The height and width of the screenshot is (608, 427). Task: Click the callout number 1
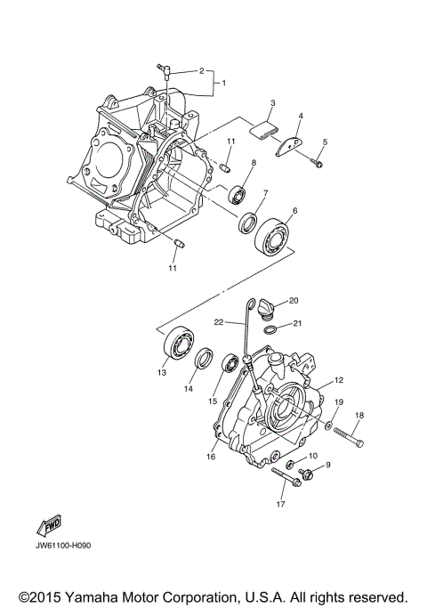[224, 83]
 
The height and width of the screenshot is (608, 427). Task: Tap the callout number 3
[273, 103]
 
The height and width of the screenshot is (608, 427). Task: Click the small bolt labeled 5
[318, 162]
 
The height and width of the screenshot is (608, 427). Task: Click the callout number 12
[337, 380]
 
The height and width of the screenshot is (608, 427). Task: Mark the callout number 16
[211, 457]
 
